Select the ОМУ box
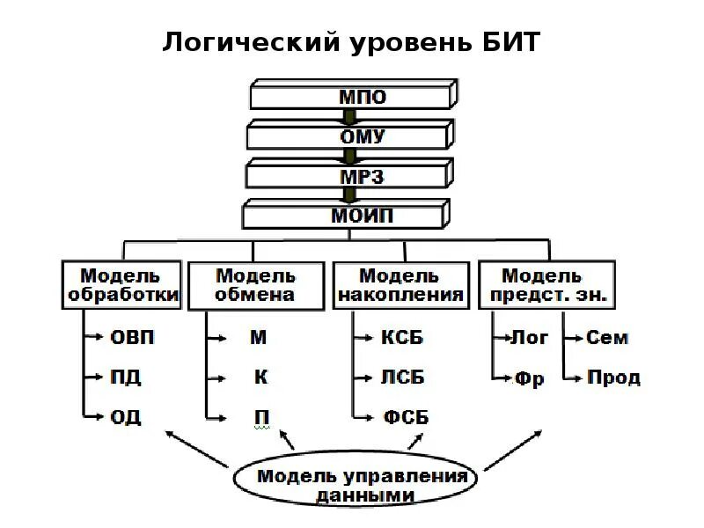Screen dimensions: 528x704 tap(351, 136)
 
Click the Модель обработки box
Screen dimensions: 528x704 tap(122, 285)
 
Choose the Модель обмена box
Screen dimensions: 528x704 tap(254, 285)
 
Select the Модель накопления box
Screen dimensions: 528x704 tap(400, 285)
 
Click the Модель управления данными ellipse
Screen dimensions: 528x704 tap(362, 485)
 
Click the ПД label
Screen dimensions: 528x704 tap(126, 378)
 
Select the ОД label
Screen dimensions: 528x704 tap(126, 417)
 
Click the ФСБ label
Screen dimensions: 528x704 tap(406, 417)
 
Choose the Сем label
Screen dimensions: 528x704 tap(607, 338)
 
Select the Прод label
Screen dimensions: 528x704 tap(613, 378)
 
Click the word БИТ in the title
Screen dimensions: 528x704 tap(505, 42)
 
